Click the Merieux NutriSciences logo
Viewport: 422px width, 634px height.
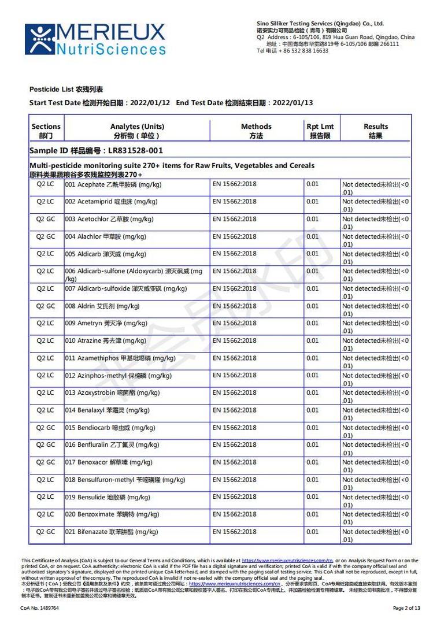pyautogui.click(x=95, y=39)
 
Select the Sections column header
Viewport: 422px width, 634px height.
pyautogui.click(x=46, y=131)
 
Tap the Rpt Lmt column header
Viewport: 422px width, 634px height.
pyautogui.click(x=320, y=131)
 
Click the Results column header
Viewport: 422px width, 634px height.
pyautogui.click(x=376, y=131)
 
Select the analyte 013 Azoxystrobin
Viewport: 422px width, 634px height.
pyautogui.click(x=112, y=393)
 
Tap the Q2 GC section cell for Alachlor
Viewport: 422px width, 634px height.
pyautogui.click(x=46, y=237)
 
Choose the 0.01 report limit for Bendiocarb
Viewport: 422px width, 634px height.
pyautogui.click(x=312, y=428)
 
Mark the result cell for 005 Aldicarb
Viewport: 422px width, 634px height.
pyautogui.click(x=375, y=258)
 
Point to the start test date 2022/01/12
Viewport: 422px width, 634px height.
pyautogui.click(x=150, y=103)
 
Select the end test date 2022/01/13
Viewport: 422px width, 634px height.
pyautogui.click(x=293, y=103)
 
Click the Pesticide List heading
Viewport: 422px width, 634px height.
pyautogui.click(x=66, y=90)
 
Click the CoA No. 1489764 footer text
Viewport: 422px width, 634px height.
pyautogui.click(x=39, y=608)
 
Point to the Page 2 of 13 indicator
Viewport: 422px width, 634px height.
pyautogui.click(x=406, y=608)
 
